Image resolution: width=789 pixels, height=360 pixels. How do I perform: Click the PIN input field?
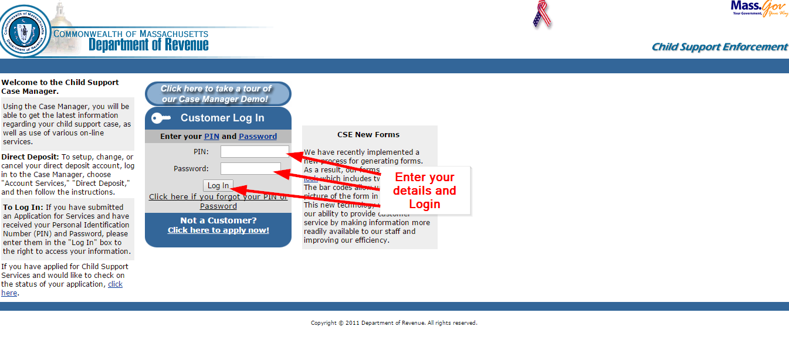(x=255, y=152)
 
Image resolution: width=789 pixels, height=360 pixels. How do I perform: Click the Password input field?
(x=250, y=169)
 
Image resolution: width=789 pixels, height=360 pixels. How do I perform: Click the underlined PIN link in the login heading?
(x=211, y=137)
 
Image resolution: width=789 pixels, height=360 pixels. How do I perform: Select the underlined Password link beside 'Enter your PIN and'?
(x=258, y=137)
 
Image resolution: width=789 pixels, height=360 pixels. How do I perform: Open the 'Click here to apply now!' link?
(x=218, y=230)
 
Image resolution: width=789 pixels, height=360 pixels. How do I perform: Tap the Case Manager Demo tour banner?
(x=218, y=94)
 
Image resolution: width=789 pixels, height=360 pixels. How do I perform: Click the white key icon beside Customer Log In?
(x=161, y=118)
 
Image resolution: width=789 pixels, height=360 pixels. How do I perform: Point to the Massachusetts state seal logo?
(x=25, y=31)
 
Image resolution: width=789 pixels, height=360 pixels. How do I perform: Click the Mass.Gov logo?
(x=759, y=9)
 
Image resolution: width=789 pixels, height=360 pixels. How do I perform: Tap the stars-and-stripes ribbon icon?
(x=542, y=15)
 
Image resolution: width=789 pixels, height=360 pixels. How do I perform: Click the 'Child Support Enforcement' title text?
(x=719, y=47)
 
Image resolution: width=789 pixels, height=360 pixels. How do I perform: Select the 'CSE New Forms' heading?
(x=368, y=135)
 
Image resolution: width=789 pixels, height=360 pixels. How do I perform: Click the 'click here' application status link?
(x=115, y=284)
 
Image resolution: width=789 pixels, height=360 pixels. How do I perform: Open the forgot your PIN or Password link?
(x=218, y=201)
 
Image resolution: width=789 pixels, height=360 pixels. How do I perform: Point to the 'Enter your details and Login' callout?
(x=424, y=191)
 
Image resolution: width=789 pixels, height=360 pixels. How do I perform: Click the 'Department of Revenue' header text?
(x=148, y=45)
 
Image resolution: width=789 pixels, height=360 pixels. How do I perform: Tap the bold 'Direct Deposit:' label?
(x=30, y=157)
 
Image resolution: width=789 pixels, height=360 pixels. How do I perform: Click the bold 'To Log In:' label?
(x=23, y=208)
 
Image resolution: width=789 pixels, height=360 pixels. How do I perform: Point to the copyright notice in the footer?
(x=394, y=323)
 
